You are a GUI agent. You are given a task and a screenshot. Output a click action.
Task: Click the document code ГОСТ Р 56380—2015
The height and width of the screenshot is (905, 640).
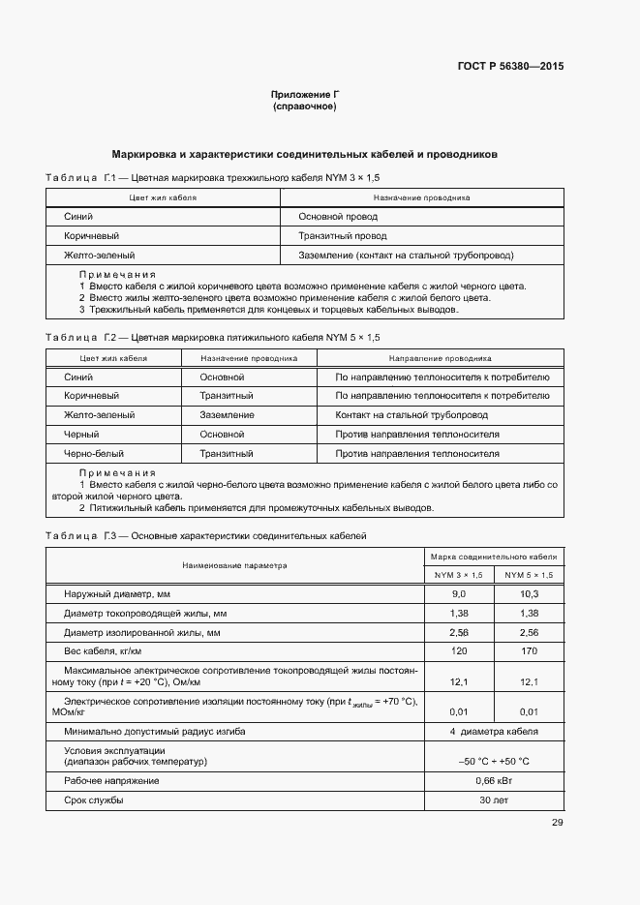[x=510, y=67]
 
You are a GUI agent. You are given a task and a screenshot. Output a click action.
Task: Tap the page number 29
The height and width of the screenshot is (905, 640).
[x=557, y=823]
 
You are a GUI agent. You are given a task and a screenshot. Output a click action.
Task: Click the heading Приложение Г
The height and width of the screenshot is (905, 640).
[x=305, y=94]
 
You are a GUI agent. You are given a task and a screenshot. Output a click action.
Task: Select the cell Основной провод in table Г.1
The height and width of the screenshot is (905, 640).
[x=338, y=217]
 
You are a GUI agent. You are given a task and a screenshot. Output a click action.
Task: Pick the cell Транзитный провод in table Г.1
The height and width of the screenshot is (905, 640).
[x=343, y=236]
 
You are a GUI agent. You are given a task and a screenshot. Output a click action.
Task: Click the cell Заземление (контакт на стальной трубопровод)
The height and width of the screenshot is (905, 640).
[x=406, y=256]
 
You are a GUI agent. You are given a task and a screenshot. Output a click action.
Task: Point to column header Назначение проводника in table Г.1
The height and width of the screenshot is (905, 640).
[x=421, y=197]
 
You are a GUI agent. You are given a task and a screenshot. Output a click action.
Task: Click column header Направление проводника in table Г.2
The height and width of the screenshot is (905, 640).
[x=441, y=357]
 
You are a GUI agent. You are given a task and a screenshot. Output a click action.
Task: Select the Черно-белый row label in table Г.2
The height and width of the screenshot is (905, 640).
[x=94, y=453]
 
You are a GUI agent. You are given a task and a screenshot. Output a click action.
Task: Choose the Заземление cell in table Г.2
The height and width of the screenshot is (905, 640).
[x=228, y=414]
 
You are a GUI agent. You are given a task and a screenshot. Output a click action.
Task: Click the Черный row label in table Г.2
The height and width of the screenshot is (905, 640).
[x=81, y=435]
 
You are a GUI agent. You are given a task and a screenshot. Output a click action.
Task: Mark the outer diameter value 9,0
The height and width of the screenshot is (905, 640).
[x=459, y=593]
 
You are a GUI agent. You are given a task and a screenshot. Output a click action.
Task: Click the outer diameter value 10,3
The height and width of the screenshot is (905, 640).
[x=529, y=593]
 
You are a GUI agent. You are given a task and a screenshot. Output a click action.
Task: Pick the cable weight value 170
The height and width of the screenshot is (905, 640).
[x=529, y=651]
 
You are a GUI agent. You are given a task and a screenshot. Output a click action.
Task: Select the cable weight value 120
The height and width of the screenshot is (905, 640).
[x=459, y=651]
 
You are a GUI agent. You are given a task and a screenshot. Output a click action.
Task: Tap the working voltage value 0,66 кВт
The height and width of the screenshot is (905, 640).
[x=494, y=780]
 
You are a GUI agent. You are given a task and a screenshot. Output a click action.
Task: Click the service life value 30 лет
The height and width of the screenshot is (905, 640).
[x=494, y=800]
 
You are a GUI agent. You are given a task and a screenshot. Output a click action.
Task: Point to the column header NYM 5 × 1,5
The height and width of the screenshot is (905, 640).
[x=529, y=575]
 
